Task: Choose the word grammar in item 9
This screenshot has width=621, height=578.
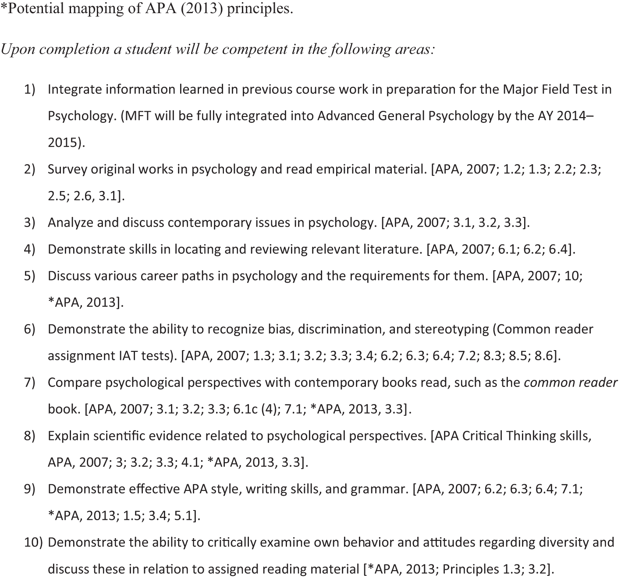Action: [x=378, y=489]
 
